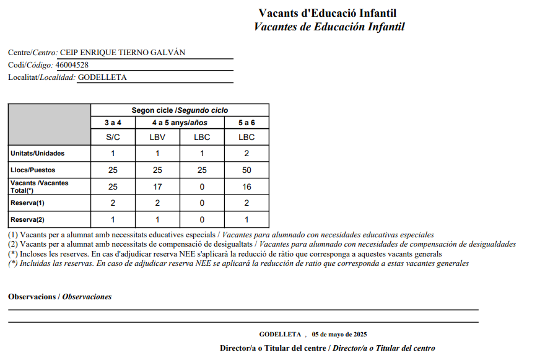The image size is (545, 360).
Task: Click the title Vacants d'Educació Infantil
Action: point(327,13)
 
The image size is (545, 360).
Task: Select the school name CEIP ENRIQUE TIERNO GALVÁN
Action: point(122,53)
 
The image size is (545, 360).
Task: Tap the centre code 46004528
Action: point(72,65)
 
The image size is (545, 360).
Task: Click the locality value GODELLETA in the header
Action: point(102,77)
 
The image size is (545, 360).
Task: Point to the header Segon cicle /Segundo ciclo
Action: point(180,110)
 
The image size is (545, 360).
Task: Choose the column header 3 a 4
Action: point(113,123)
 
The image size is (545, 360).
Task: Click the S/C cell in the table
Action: point(113,138)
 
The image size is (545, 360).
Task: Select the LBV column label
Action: point(157,138)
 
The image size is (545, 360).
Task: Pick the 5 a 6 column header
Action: point(246,123)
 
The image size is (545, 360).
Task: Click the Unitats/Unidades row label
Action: point(38,153)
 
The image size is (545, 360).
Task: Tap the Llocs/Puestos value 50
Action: point(246,170)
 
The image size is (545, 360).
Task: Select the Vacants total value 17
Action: point(157,187)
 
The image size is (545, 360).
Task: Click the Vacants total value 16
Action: point(246,187)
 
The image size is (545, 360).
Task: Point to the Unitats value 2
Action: point(246,153)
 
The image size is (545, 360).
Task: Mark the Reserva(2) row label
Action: point(28,219)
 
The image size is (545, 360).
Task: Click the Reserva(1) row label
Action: point(28,203)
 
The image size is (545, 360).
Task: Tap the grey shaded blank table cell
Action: point(49,125)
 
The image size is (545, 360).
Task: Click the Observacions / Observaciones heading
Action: point(60,297)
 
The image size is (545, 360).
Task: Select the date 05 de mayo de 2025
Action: point(339,335)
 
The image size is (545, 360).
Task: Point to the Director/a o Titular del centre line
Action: point(327,348)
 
